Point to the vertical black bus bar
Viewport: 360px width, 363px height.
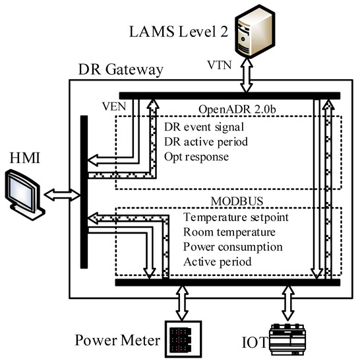[83, 191]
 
